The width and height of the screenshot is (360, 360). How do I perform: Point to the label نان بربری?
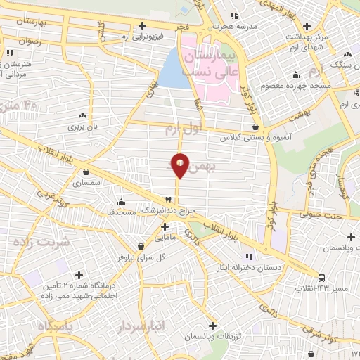(82, 127)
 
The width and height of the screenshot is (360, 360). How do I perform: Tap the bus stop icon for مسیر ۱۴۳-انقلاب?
(321, 278)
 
